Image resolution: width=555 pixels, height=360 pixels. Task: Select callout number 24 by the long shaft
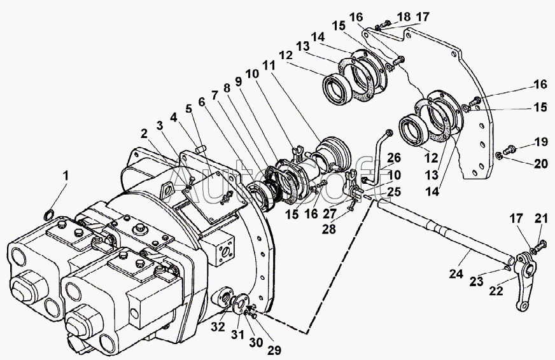point(456,273)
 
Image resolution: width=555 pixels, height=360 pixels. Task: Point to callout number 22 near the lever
point(496,290)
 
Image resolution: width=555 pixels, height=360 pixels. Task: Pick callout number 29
point(274,350)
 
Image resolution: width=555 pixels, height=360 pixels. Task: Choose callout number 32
point(218,327)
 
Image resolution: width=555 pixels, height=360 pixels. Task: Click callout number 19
point(540,142)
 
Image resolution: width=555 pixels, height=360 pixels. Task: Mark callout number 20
point(540,163)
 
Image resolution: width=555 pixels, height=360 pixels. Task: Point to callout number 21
point(541,219)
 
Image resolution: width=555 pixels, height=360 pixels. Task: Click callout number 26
point(393,158)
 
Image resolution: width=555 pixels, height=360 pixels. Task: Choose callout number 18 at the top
point(403,17)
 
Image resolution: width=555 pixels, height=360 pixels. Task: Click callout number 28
point(328,229)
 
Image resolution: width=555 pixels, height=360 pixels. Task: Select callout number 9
point(238,81)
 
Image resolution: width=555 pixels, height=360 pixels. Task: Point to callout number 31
point(237,333)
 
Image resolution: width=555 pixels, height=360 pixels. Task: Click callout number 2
point(144,134)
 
